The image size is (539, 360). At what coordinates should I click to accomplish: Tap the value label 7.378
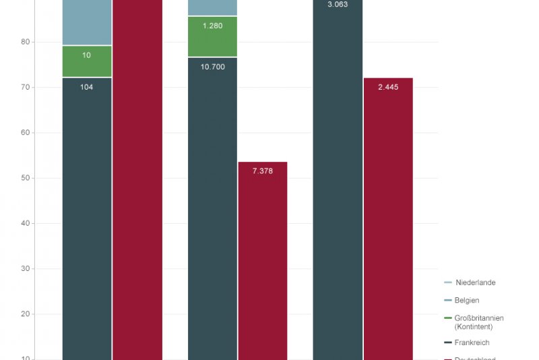click(263, 171)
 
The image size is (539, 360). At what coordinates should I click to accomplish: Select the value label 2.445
click(388, 87)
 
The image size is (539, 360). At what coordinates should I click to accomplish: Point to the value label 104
click(87, 87)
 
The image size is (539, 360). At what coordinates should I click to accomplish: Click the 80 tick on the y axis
click(26, 42)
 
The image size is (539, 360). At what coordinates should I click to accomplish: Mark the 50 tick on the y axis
click(26, 178)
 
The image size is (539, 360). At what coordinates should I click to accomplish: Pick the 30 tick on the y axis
click(26, 269)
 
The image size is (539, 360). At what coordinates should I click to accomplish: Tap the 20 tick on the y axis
click(26, 314)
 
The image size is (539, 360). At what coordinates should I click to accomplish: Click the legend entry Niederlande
click(475, 282)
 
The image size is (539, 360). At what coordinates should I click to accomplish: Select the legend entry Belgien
click(467, 300)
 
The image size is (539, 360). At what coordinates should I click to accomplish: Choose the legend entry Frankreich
click(472, 342)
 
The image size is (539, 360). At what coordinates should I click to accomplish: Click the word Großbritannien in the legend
click(479, 318)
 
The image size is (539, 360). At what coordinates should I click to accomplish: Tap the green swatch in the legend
click(448, 318)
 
